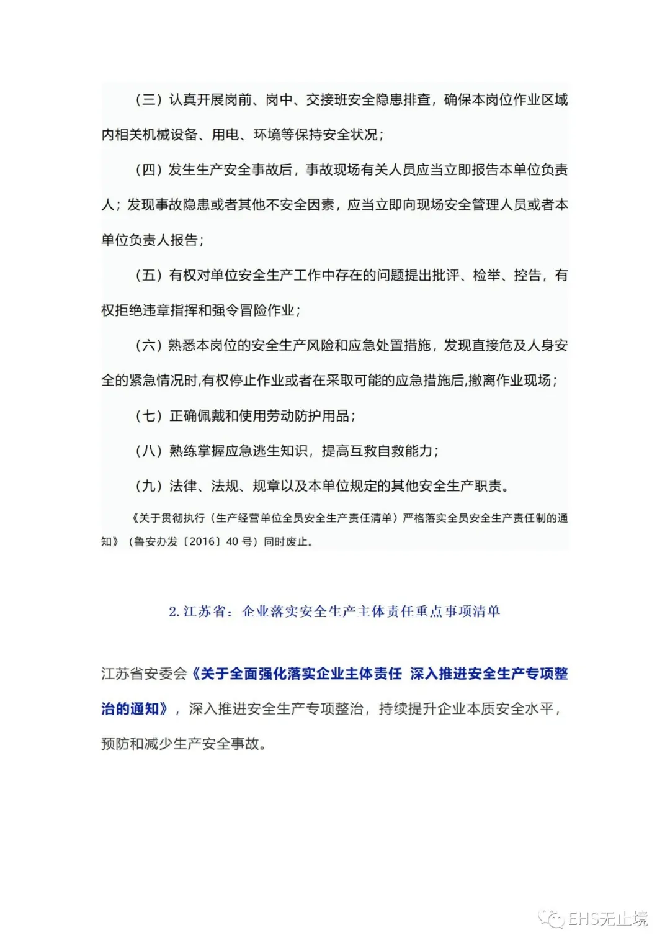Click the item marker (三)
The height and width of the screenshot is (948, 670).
(149, 99)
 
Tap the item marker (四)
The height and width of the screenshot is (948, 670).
(149, 169)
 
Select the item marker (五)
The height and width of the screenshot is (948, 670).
(149, 275)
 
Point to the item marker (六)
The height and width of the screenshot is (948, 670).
(149, 345)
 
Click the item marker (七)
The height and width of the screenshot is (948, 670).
(149, 415)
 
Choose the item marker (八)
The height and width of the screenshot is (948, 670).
(149, 451)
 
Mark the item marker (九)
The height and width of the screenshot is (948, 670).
(149, 485)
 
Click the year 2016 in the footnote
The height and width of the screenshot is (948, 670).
(202, 541)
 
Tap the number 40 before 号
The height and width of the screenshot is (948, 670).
(232, 541)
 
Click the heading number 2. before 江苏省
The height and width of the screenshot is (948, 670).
(174, 612)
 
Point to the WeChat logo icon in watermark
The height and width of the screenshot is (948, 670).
(551, 918)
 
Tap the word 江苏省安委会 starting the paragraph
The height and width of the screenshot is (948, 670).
(144, 674)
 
